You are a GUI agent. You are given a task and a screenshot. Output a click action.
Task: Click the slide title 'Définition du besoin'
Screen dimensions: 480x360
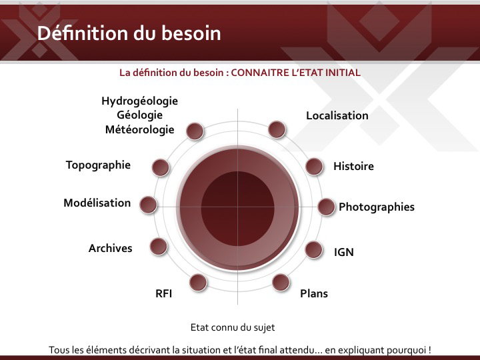click(129, 33)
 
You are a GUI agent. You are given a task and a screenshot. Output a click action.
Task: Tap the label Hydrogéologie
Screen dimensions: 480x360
click(139, 101)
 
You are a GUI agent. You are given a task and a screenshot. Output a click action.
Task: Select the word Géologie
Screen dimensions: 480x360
click(139, 115)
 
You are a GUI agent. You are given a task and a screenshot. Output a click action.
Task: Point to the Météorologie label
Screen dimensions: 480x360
click(139, 129)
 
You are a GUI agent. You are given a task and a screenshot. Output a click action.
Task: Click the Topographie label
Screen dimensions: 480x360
click(98, 165)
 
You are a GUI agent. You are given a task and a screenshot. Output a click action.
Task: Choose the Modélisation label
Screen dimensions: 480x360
click(97, 203)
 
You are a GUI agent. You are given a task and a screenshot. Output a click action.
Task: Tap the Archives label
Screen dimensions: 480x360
click(111, 248)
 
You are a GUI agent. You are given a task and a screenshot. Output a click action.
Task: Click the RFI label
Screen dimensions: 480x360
click(164, 293)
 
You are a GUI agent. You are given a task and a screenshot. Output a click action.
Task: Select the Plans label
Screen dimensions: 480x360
click(314, 293)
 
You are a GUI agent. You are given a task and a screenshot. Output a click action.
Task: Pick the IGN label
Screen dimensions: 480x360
click(344, 252)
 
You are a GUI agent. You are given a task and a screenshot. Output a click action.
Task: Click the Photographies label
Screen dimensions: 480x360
click(377, 207)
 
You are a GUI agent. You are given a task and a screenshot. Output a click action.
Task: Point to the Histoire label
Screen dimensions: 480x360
click(353, 166)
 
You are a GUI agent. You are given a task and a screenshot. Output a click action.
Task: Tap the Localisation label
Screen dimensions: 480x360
click(337, 116)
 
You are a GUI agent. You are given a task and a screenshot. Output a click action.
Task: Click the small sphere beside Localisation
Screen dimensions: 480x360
click(277, 129)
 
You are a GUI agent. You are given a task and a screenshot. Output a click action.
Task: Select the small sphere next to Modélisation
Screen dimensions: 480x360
click(148, 205)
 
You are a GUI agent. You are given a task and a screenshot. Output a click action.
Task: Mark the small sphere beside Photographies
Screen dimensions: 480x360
click(326, 207)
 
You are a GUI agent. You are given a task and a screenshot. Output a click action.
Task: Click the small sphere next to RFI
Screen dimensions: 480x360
click(198, 282)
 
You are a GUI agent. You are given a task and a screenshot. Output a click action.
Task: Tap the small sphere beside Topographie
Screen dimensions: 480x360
click(161, 167)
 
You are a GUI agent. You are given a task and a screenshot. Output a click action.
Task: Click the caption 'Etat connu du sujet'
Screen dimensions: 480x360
click(233, 327)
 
